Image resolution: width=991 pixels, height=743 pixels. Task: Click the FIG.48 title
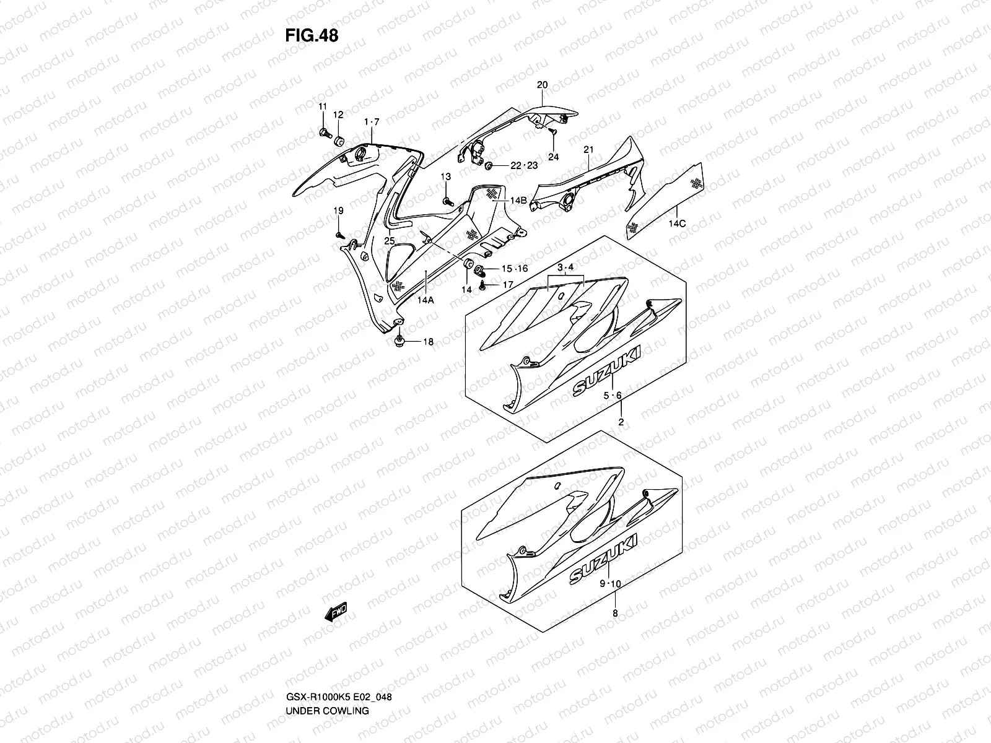(x=312, y=36)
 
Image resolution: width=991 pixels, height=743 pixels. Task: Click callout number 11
(x=322, y=107)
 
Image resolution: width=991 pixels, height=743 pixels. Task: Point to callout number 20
(x=543, y=85)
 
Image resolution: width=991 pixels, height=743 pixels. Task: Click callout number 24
(x=553, y=157)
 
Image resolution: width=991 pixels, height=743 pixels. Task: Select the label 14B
(x=518, y=200)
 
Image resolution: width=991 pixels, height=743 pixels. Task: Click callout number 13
(x=446, y=178)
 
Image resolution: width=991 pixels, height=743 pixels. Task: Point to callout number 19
(x=338, y=212)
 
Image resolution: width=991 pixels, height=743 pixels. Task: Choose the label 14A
(x=426, y=299)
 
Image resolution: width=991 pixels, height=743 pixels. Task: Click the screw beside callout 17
(x=483, y=286)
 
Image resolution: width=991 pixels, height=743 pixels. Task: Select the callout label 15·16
(x=514, y=269)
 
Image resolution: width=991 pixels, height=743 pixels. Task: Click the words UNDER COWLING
(x=327, y=676)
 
